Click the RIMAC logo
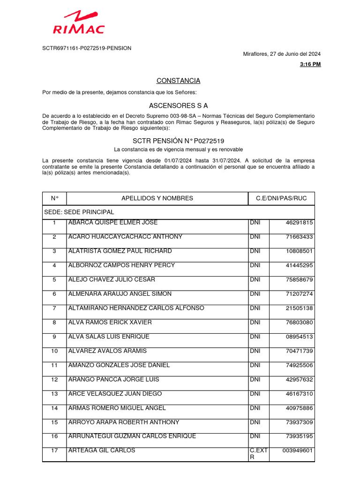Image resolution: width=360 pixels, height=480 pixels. [x=79, y=23]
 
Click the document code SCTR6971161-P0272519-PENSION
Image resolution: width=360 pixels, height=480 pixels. [x=87, y=48]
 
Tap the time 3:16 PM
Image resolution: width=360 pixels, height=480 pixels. [x=310, y=64]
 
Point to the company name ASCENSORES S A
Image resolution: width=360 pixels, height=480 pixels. [x=178, y=106]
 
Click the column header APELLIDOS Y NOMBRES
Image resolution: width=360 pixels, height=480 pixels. [x=157, y=198]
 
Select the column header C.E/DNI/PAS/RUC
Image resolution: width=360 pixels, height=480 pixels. [x=281, y=198]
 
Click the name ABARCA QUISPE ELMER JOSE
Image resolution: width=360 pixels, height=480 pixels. [x=113, y=223]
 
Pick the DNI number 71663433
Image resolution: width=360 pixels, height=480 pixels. [x=299, y=237]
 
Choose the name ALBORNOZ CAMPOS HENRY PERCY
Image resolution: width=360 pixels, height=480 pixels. [x=121, y=265]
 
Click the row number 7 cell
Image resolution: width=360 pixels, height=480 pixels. [x=54, y=308]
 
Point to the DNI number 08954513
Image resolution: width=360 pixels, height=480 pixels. [x=299, y=337]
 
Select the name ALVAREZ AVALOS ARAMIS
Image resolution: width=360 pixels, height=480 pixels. [x=107, y=351]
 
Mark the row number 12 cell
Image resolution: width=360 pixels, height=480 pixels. [x=54, y=380]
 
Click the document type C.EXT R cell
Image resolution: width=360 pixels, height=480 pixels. [x=258, y=454]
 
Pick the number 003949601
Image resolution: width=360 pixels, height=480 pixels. [x=297, y=451]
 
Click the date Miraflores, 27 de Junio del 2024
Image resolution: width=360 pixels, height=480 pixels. [x=282, y=54]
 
